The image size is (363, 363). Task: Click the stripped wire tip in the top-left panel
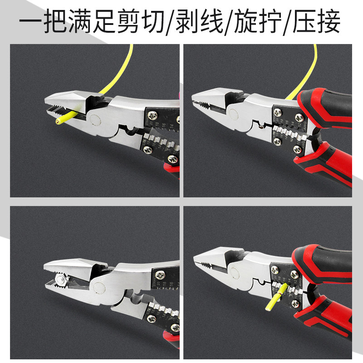point(58,122)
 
